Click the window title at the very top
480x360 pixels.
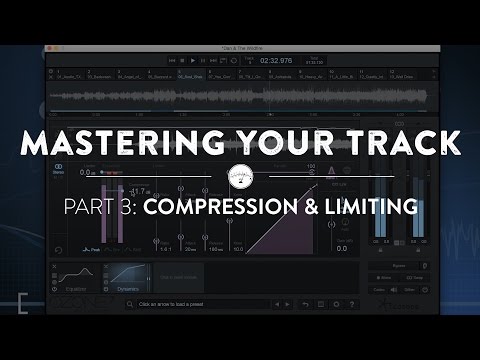click(240, 48)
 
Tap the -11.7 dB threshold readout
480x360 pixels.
click(139, 191)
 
